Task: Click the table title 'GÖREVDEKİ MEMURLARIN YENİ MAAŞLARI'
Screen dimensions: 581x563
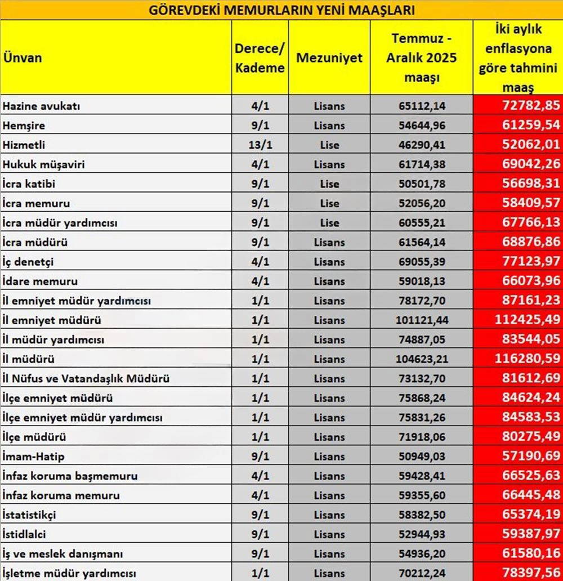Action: tap(281, 10)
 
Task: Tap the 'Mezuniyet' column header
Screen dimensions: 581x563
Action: tap(329, 58)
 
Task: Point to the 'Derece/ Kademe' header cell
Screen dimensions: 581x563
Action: tap(260, 57)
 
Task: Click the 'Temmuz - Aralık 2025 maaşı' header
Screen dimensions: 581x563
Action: tap(422, 57)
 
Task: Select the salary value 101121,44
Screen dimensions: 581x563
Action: tap(422, 320)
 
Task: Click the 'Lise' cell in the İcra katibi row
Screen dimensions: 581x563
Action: tap(329, 184)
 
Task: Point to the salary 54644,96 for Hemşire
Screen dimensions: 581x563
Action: tap(422, 125)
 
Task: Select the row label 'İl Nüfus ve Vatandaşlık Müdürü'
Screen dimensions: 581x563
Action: tap(86, 378)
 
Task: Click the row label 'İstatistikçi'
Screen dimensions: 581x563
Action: tap(29, 515)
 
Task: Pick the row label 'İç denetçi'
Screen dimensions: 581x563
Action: tap(28, 262)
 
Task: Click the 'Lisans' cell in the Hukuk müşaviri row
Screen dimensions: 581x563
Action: tap(329, 164)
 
